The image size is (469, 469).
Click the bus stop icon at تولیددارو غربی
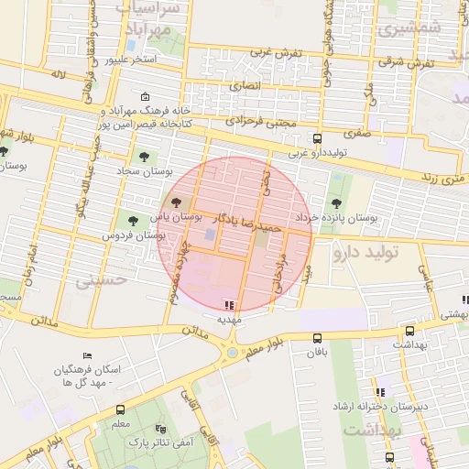click(317, 139)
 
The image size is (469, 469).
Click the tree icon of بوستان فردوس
click(134, 220)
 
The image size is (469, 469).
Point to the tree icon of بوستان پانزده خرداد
click(336, 202)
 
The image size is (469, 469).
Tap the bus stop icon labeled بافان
click(317, 338)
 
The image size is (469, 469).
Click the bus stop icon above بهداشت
click(409, 331)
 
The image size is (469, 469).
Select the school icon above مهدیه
click(228, 305)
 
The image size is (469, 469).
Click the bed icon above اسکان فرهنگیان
click(87, 355)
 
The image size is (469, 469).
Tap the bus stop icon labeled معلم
click(120, 409)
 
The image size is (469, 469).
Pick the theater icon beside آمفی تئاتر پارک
click(161, 428)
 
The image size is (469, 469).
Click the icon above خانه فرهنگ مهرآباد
click(145, 96)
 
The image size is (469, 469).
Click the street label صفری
click(357, 132)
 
